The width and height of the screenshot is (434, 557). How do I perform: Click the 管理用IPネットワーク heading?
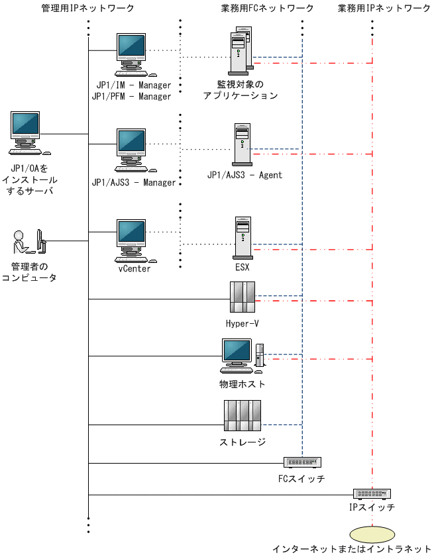click(x=87, y=9)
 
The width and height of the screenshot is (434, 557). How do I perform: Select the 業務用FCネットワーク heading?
click(x=267, y=9)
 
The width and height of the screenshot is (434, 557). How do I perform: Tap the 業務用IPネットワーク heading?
click(x=384, y=9)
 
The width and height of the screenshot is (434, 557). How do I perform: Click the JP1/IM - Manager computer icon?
click(x=132, y=54)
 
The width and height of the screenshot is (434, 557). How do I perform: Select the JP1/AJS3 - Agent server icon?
click(x=243, y=144)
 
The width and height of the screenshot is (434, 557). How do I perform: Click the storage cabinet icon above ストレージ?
click(x=242, y=416)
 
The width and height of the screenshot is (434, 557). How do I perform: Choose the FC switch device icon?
click(x=302, y=462)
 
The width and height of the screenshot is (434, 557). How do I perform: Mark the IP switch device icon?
click(x=372, y=493)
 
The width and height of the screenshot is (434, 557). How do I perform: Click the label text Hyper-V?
click(x=242, y=324)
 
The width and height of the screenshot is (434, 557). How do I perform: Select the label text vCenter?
click(x=134, y=268)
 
